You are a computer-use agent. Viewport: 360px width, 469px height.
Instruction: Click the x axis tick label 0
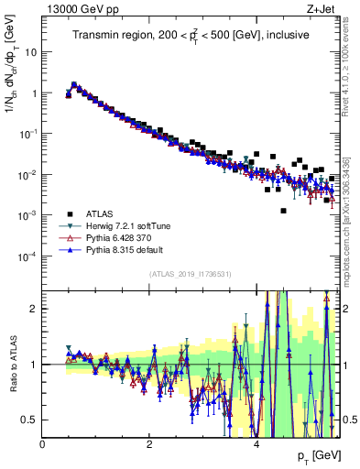click(43, 444)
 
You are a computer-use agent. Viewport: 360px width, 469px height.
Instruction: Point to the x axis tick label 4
click(256, 444)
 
